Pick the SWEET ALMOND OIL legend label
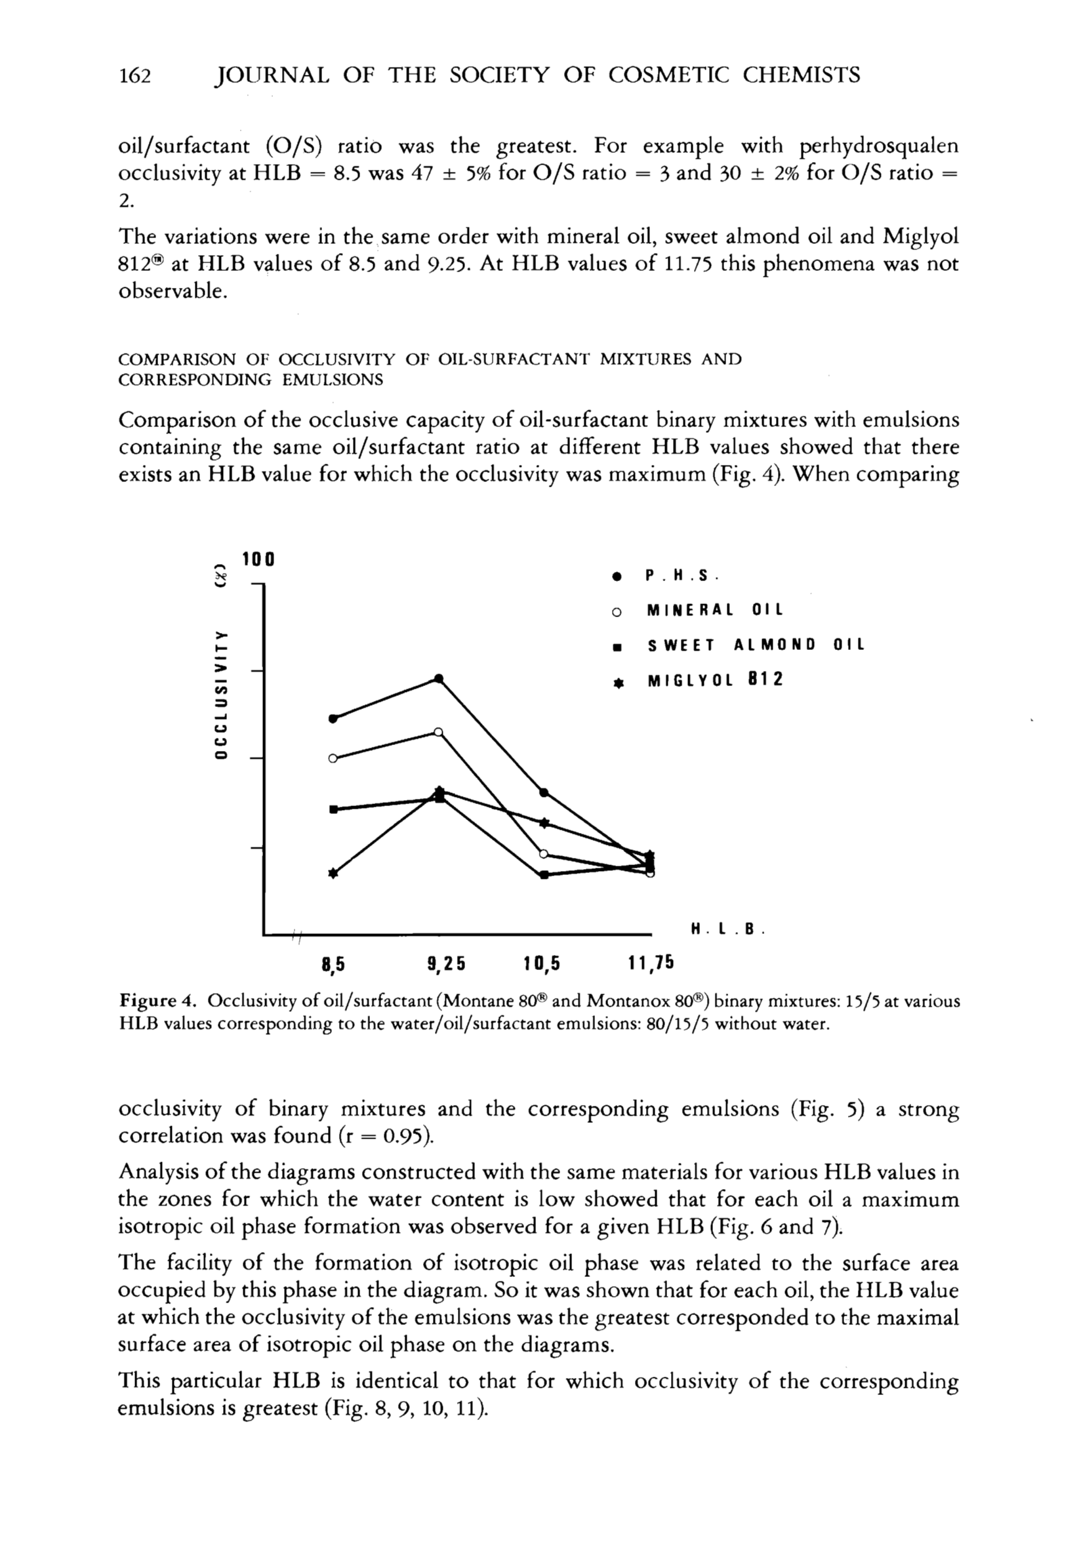pyautogui.click(x=756, y=645)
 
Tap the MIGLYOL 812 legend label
pyautogui.click(x=715, y=681)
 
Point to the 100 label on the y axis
pyautogui.click(x=258, y=559)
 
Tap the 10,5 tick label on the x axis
pyautogui.click(x=542, y=963)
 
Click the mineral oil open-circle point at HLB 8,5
pyautogui.click(x=333, y=759)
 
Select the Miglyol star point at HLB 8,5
pyautogui.click(x=333, y=873)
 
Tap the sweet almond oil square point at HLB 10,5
pyautogui.click(x=544, y=875)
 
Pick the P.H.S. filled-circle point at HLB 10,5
pyautogui.click(x=544, y=792)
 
